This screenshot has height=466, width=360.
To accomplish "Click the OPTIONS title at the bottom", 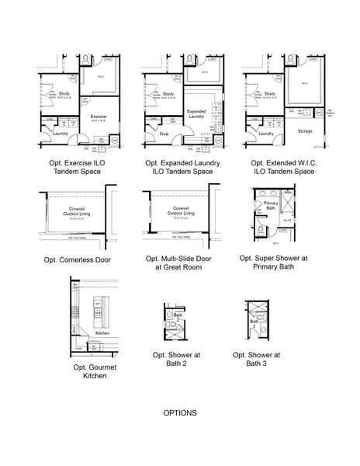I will pos(180,413).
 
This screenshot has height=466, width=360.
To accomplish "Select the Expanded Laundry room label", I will pos(196,113).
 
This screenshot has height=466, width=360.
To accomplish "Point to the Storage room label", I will pos(305,132).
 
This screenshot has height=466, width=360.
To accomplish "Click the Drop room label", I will pos(164,134).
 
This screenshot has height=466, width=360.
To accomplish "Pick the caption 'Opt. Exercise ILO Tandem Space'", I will pos(76,167).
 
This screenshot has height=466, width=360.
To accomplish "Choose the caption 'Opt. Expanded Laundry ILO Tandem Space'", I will pos(182,167).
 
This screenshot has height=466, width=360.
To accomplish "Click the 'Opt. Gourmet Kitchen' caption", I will pos(90,370).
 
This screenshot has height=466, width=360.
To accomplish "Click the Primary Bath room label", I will pos(271,205).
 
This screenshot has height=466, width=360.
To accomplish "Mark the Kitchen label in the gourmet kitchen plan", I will pos(103,332).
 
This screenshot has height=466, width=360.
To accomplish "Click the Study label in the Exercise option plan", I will pos(44,95).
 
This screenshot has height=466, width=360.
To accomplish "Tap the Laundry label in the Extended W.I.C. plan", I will pos(266,133).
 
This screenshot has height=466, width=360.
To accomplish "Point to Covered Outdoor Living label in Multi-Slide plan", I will pos(182,210).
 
